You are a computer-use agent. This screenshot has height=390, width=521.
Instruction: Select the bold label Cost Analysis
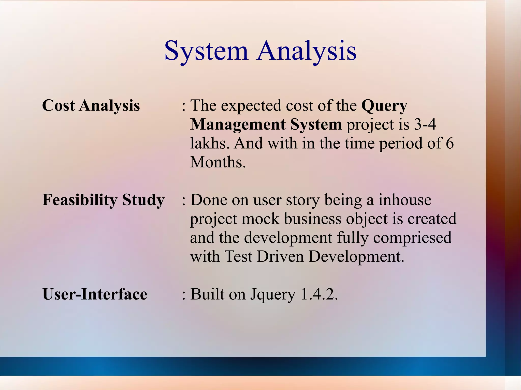click(91, 105)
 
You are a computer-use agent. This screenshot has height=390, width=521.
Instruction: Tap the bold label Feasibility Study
click(103, 200)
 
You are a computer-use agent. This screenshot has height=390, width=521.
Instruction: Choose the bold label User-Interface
click(95, 294)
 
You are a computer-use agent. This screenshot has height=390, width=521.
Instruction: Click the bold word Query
click(384, 106)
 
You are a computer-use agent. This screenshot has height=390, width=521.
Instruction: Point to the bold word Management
click(238, 124)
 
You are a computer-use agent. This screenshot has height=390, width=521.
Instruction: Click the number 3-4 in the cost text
click(425, 124)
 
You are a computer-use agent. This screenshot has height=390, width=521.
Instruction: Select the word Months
click(218, 162)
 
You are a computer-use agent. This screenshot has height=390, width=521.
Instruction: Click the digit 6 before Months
click(450, 143)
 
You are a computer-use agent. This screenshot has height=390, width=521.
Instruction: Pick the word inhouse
click(405, 200)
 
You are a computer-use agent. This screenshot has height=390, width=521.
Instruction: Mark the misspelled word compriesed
click(412, 238)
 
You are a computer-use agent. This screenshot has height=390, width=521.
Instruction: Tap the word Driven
click(280, 256)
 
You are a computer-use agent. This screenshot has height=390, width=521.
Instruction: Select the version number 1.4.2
click(319, 294)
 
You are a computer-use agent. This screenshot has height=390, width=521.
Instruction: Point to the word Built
click(207, 294)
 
